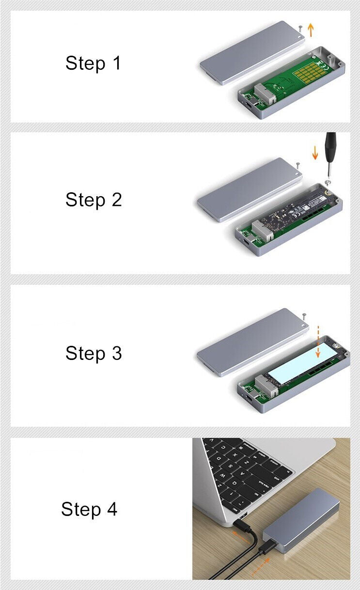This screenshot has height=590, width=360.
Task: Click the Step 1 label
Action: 94,63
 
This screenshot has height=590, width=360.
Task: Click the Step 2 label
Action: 94,200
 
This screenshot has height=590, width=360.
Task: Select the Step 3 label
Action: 94,353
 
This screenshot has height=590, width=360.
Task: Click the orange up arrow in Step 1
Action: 311,30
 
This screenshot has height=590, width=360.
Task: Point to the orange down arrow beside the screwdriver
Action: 314,153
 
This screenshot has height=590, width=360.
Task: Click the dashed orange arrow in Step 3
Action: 318,342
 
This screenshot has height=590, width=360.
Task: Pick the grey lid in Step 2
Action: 250,190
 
